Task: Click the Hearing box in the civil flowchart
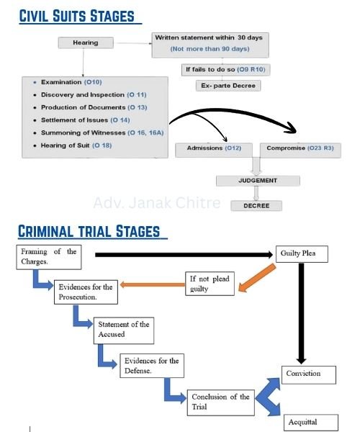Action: [86, 42]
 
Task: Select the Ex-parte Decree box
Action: [228, 86]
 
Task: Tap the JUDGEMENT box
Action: [258, 181]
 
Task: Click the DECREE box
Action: [256, 206]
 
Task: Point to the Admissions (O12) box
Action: [214, 150]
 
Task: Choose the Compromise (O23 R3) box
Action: [300, 150]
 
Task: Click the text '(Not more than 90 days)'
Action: [210, 49]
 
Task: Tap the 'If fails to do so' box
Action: [226, 70]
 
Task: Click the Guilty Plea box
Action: [302, 254]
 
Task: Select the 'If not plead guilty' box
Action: [210, 284]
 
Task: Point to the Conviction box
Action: [309, 374]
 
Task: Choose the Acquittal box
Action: [311, 423]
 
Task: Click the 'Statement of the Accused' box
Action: [124, 330]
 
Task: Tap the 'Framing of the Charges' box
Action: [49, 257]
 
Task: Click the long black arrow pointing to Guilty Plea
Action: [184, 255]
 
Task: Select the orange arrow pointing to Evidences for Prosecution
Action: [153, 284]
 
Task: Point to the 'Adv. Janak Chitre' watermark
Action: [157, 203]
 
